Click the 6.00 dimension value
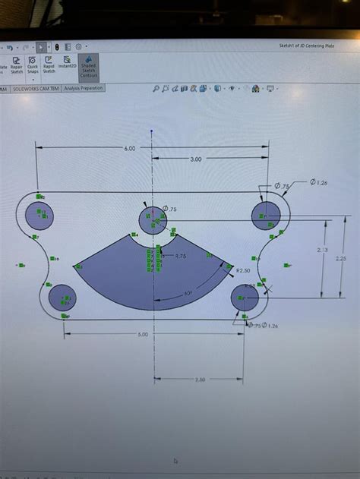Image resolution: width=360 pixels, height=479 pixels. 129,149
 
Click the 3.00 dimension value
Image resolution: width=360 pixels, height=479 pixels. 195,159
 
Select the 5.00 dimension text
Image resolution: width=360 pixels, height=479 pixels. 144,334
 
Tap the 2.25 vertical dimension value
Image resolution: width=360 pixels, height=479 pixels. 340,257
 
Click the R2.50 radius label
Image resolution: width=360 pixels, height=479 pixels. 244,270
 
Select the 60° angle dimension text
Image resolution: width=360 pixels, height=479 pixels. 188,293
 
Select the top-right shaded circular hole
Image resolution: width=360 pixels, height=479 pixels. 267,215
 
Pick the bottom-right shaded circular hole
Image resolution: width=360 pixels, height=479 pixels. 245,299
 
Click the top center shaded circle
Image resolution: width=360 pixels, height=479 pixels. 153,220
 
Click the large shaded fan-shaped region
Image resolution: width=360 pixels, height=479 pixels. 152,281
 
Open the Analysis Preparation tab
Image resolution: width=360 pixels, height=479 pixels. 84,88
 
